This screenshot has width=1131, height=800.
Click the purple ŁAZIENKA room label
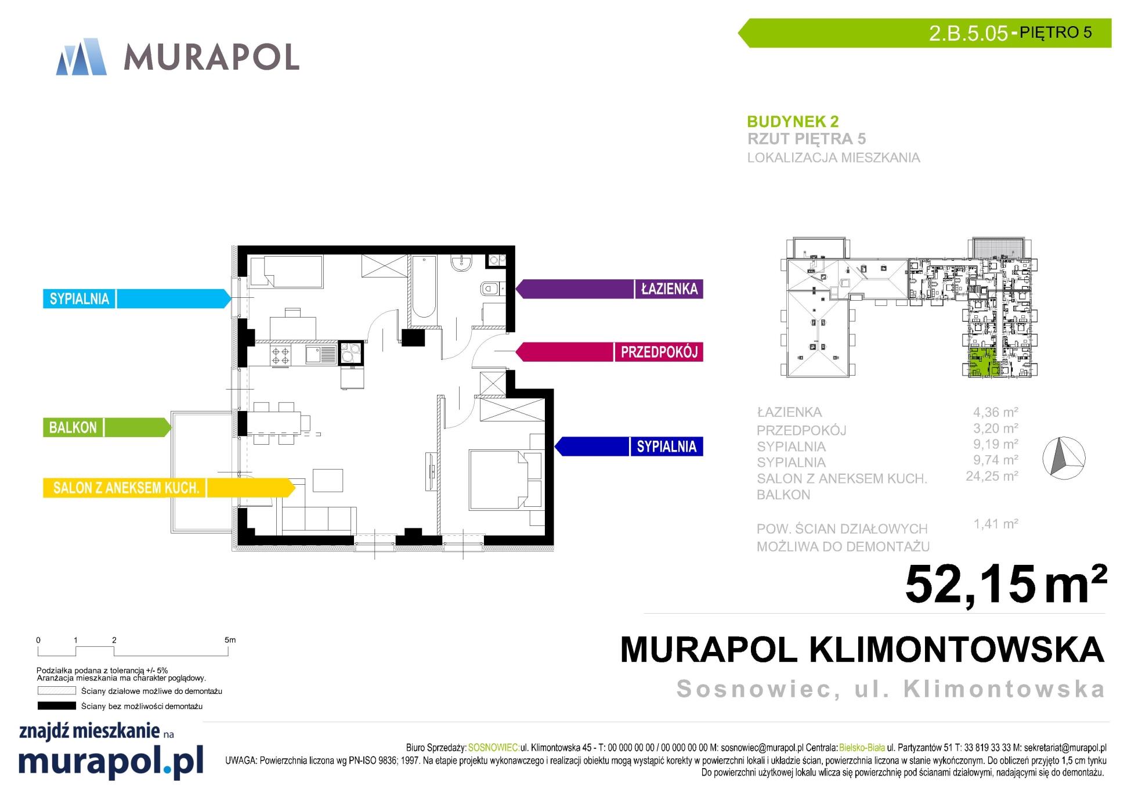[x=669, y=289]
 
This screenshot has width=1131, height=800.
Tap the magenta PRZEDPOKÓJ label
[x=659, y=352]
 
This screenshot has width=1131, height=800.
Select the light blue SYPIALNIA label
[x=80, y=299]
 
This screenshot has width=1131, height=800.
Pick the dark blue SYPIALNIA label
[x=666, y=446]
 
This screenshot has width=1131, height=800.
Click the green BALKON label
[x=73, y=428]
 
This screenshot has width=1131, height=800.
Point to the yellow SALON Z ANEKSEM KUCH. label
[x=127, y=488]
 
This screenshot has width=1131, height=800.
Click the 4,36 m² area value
[x=995, y=412]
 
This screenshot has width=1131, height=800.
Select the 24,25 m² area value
[x=992, y=476]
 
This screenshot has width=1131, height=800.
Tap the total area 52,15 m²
[x=1006, y=584]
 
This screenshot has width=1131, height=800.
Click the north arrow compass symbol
[x=1064, y=459]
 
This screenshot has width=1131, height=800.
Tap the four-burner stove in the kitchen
[x=281, y=355]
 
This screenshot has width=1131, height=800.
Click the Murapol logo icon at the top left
[x=81, y=57]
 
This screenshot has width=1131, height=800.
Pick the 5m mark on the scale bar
[x=230, y=640]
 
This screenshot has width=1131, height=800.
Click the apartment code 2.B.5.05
[x=968, y=33]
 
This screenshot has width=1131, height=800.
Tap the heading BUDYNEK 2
[x=793, y=121]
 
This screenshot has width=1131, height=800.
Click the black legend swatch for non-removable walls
[x=56, y=706]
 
